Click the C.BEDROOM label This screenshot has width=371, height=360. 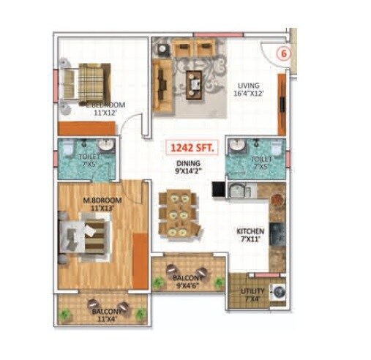[x=103, y=105]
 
